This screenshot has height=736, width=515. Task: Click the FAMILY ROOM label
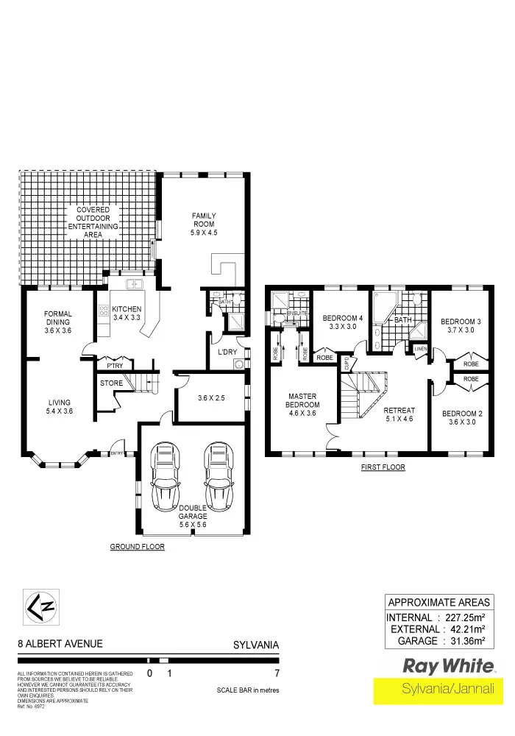click(x=204, y=224)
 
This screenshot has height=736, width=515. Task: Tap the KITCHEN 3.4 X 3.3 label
click(x=127, y=313)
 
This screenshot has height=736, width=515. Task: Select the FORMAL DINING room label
click(x=57, y=323)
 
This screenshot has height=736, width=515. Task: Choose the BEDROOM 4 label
click(x=343, y=322)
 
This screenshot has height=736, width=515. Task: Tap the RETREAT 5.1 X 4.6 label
click(x=400, y=415)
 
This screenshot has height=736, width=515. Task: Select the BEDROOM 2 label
click(x=462, y=417)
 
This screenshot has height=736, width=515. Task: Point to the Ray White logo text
click(x=448, y=667)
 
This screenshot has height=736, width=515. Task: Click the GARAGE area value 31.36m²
click(x=469, y=641)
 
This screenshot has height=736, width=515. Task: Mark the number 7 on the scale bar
click(x=277, y=673)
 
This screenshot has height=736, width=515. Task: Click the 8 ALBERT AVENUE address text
click(x=60, y=644)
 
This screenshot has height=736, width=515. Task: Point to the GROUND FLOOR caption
click(x=137, y=547)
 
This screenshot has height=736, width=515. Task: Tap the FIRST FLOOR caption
click(x=383, y=467)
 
